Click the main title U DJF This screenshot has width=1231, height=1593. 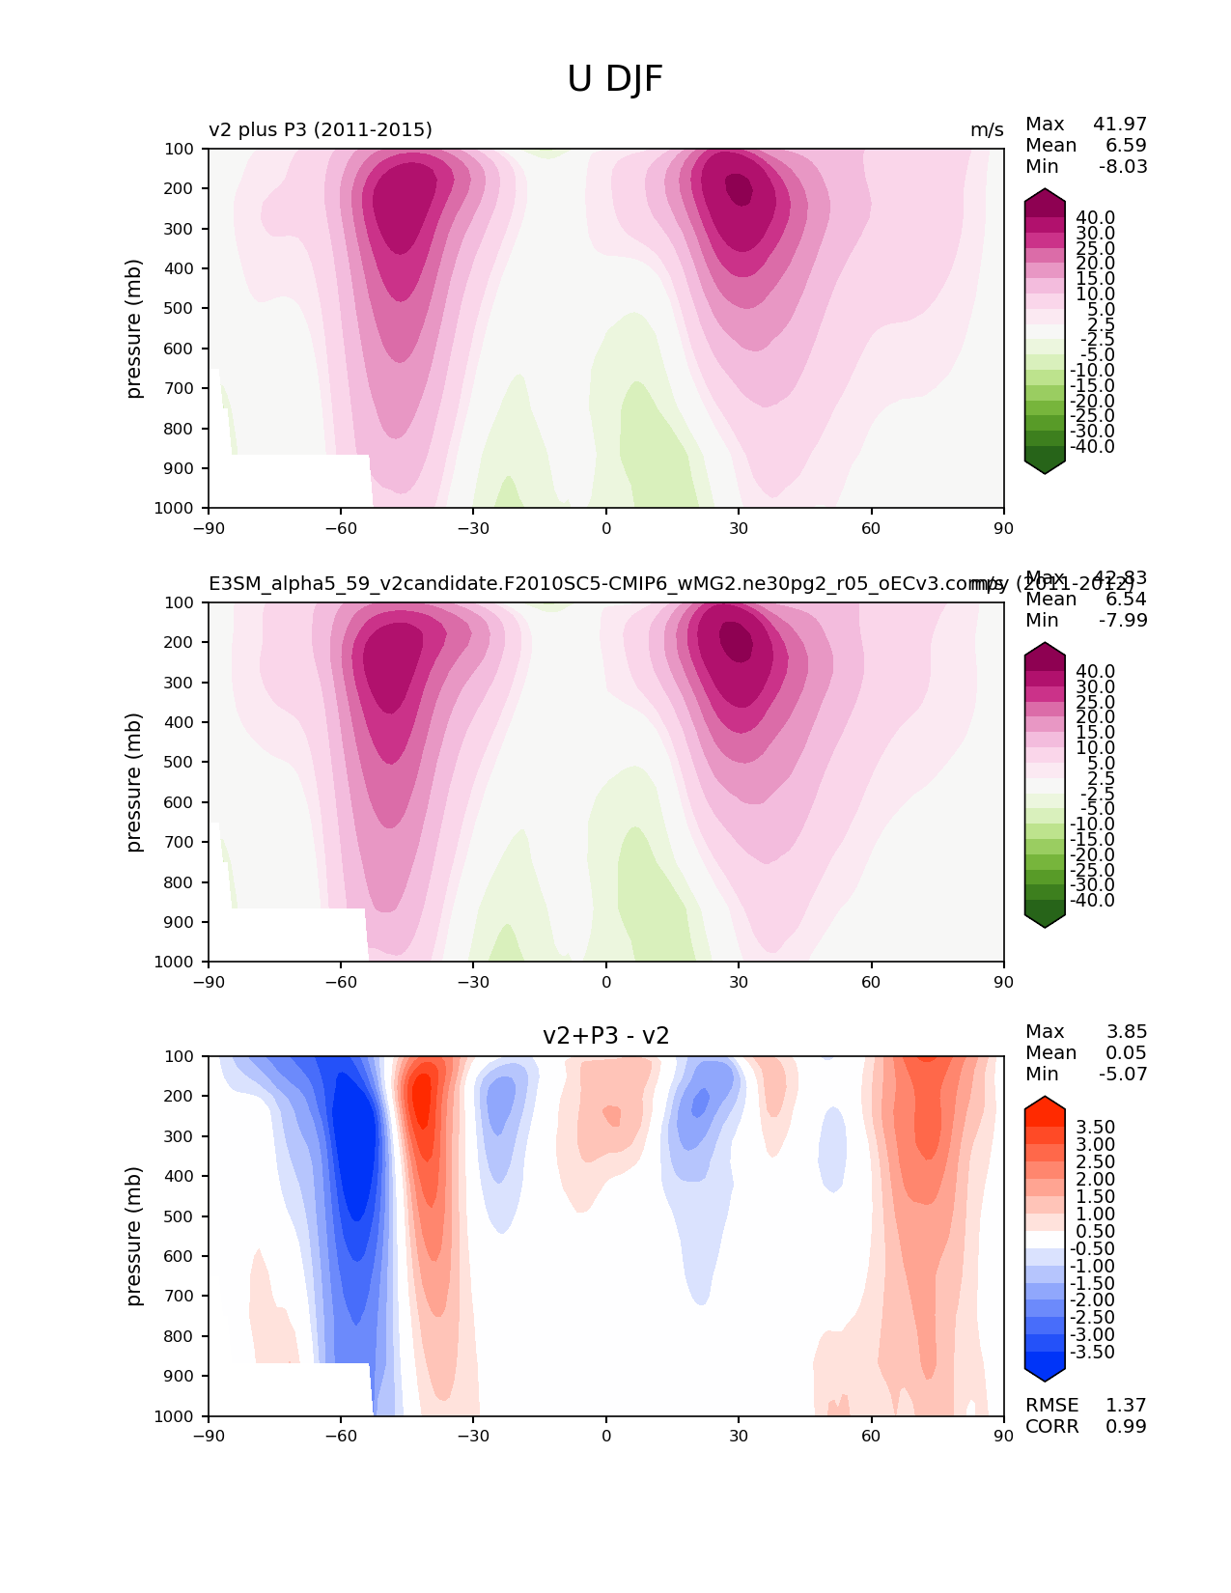pyautogui.click(x=615, y=79)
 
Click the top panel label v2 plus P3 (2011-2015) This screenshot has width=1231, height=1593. pyautogui.click(x=321, y=129)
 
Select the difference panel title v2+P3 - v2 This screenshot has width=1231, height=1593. pyautogui.click(x=606, y=1036)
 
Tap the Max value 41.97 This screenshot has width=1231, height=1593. pyautogui.click(x=1120, y=124)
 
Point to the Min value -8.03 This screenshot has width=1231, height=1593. pyautogui.click(x=1123, y=166)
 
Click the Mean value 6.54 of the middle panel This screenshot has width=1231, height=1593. pyautogui.click(x=1127, y=599)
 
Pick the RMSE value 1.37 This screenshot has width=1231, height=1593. pyautogui.click(x=1126, y=1405)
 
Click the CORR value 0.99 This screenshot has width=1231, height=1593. pyautogui.click(x=1126, y=1426)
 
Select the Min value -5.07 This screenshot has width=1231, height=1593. pyautogui.click(x=1123, y=1074)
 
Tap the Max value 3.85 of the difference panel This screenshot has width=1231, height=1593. pyautogui.click(x=1126, y=1031)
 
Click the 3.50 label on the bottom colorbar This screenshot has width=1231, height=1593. pyautogui.click(x=1096, y=1127)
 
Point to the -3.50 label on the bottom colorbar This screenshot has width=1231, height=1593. pyautogui.click(x=1093, y=1352)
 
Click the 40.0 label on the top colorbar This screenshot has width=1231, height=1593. pyautogui.click(x=1096, y=217)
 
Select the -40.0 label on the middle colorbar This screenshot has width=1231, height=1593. pyautogui.click(x=1093, y=900)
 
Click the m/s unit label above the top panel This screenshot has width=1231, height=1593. pyautogui.click(x=987, y=129)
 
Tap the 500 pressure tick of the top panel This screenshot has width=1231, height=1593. pyautogui.click(x=179, y=308)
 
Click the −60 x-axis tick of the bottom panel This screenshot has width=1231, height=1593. pyautogui.click(x=341, y=1436)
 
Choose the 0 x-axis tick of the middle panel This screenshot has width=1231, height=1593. pyautogui.click(x=606, y=982)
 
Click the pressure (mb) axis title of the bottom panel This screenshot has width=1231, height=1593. pyautogui.click(x=134, y=1236)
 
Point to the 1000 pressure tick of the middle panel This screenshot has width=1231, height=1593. pyautogui.click(x=175, y=962)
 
